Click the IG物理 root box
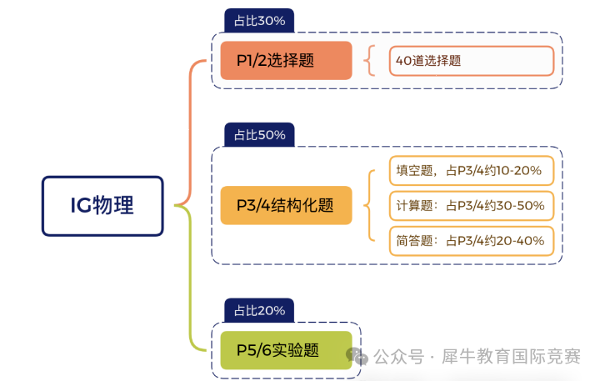pos(102,206)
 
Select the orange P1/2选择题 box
pos(286,60)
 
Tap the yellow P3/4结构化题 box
pos(286,205)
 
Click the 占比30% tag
pos(259,21)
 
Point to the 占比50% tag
pos(259,135)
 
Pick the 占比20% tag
pos(259,310)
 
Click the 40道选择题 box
pos(471,60)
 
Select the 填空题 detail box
pos(471,171)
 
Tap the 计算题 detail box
pos(471,205)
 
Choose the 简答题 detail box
pos(471,240)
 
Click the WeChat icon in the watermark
pos(359,357)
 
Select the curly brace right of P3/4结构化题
pos(371,205)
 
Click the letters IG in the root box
pos(80,206)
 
